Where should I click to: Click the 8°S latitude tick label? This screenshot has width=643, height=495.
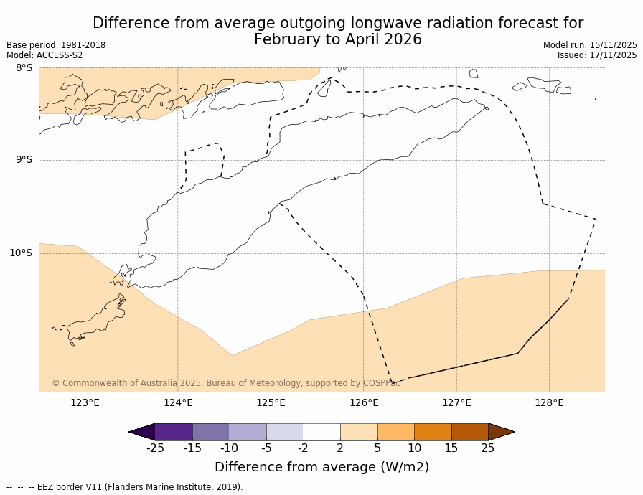(x=24, y=68)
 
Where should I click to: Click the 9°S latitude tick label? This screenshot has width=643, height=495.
(x=24, y=160)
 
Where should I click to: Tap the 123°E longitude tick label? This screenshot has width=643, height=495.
(x=85, y=402)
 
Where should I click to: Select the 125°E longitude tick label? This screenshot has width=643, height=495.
(x=271, y=402)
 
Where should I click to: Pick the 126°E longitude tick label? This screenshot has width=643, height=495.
(x=364, y=402)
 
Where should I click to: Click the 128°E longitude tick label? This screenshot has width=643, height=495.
(x=549, y=402)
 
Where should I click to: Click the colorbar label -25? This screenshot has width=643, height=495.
(x=155, y=448)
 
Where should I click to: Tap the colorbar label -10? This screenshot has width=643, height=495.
(x=229, y=448)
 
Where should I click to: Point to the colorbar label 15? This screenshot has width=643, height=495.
(x=451, y=448)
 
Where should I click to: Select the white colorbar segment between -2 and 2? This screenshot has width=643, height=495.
(x=321, y=432)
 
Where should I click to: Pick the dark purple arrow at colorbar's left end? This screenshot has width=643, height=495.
(x=142, y=432)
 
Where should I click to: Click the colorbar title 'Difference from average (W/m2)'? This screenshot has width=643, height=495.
(x=321, y=467)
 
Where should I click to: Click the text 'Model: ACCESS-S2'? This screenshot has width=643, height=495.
(x=44, y=55)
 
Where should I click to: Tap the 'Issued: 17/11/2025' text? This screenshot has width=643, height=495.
(x=597, y=55)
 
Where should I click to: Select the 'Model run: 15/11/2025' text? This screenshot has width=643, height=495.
(x=590, y=45)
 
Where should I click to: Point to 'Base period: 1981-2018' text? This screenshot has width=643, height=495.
(x=56, y=45)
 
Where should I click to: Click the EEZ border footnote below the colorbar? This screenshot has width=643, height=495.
(x=125, y=487)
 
